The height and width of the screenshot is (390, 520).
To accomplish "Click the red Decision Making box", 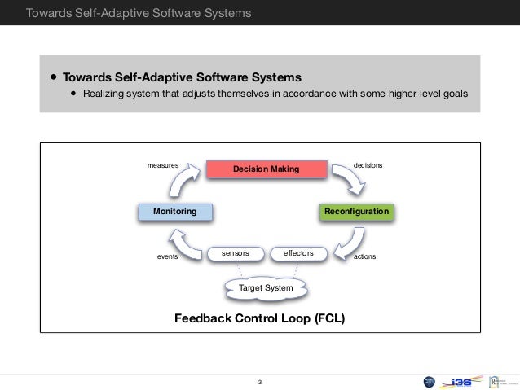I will click(x=266, y=169).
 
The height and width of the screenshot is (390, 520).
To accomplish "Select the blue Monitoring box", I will click(x=174, y=212).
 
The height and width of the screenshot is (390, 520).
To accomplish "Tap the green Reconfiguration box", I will click(x=356, y=212).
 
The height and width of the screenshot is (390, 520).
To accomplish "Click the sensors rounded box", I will click(x=235, y=254).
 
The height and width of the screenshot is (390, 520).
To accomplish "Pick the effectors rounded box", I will click(x=297, y=254).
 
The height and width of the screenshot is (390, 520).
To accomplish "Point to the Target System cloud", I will click(x=266, y=287).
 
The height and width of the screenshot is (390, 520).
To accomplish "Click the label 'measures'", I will click(x=162, y=165).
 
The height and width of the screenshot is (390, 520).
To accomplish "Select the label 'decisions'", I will click(x=368, y=165).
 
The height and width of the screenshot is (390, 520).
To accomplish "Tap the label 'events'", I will click(x=166, y=256).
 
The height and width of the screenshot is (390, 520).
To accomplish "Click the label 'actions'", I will click(x=365, y=256).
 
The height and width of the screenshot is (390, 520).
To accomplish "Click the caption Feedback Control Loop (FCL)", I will click(x=259, y=318).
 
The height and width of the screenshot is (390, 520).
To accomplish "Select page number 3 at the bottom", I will click(x=259, y=382).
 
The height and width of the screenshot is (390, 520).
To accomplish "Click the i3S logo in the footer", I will click(x=458, y=382).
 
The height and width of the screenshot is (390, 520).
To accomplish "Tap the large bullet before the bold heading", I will click(x=53, y=77).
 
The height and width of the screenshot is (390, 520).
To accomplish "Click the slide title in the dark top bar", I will click(x=138, y=13).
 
